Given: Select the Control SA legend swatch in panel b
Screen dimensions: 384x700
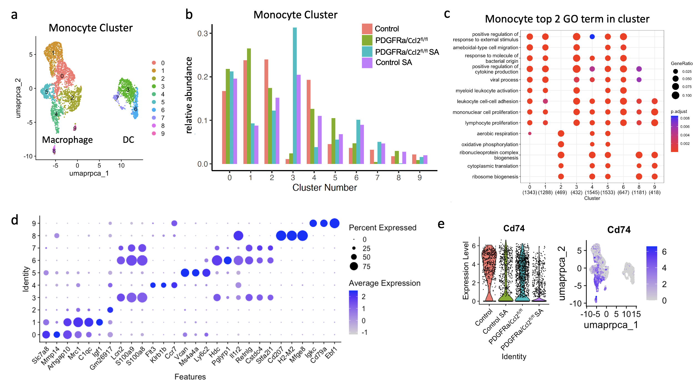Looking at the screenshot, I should [x=367, y=63].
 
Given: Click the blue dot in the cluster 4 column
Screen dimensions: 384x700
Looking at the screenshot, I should [x=592, y=37].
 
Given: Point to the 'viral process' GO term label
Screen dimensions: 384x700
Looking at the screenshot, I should [x=504, y=80].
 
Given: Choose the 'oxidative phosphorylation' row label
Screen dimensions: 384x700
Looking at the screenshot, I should [x=490, y=144].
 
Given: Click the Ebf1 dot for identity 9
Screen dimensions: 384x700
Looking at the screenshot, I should [x=334, y=223].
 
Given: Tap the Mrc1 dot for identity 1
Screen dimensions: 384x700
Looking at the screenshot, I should [x=78, y=322].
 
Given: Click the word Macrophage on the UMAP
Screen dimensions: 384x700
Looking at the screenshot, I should [x=67, y=140].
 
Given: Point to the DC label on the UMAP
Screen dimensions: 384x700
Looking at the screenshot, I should [x=128, y=140].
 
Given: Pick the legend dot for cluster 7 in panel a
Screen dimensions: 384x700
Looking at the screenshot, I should [x=154, y=118].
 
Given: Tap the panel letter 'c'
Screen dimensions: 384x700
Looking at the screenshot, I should [x=447, y=14].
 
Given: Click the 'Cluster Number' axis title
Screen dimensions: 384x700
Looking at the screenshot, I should [x=324, y=188].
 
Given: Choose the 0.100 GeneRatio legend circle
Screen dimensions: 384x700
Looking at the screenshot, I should [x=675, y=95].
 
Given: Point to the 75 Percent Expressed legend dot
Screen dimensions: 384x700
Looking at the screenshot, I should [x=354, y=266].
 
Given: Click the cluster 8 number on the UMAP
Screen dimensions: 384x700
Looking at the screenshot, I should [x=54, y=151].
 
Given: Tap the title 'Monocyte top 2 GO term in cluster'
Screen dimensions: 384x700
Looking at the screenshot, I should [x=567, y=19].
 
